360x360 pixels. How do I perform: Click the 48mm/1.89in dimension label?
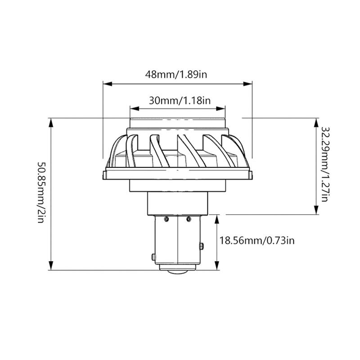(x=177, y=74)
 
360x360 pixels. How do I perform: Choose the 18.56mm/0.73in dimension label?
(x=256, y=241)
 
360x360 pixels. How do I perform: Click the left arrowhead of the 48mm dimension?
(x=107, y=83)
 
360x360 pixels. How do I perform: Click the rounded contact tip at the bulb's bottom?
(x=177, y=272)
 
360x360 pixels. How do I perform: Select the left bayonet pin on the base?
(x=154, y=256)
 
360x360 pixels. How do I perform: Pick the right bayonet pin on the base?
(x=202, y=246)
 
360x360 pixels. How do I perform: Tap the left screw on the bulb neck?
(x=166, y=219)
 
